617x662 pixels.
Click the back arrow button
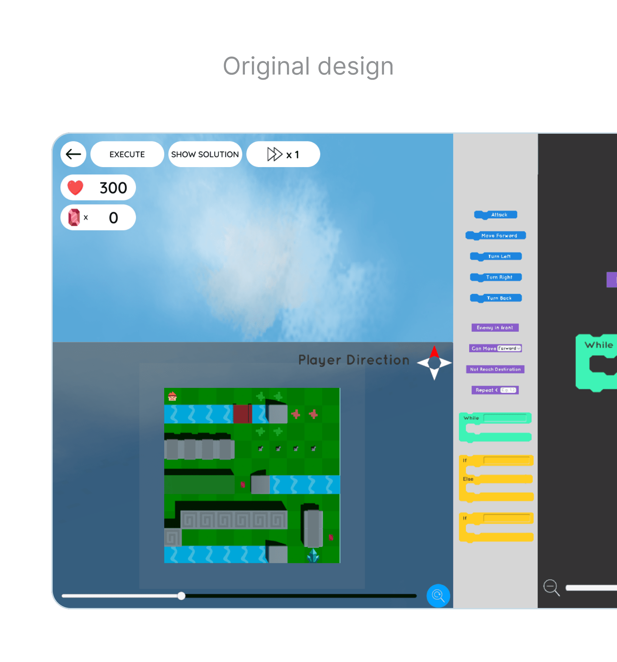click(73, 154)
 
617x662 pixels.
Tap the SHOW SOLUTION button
click(205, 154)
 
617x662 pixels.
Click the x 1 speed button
click(283, 154)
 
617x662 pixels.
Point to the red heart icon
click(75, 187)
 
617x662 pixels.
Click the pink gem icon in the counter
click(74, 218)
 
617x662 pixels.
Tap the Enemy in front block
click(495, 328)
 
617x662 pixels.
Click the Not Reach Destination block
click(495, 369)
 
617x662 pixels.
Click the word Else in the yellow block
click(468, 479)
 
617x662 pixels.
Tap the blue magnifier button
click(438, 595)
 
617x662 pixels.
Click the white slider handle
click(181, 596)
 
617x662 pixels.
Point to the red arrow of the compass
click(434, 352)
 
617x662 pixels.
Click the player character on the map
click(172, 396)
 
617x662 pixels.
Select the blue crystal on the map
click(313, 555)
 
